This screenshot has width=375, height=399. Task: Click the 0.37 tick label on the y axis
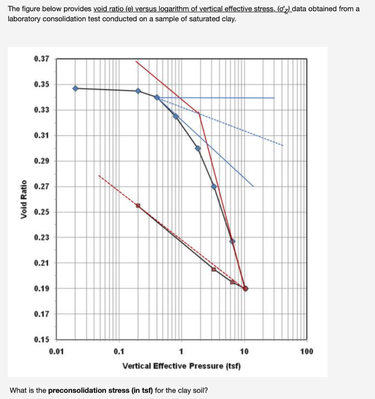click(x=42, y=59)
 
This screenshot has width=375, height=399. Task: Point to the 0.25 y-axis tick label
click(x=42, y=212)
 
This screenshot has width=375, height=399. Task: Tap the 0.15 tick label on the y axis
click(x=42, y=339)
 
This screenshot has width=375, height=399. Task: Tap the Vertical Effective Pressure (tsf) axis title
click(x=182, y=366)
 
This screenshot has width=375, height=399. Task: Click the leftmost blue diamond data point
click(x=76, y=88)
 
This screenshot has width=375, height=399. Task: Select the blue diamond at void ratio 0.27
click(x=214, y=187)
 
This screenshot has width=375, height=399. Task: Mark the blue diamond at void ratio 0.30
click(x=198, y=148)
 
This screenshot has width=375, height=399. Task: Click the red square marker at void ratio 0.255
click(x=138, y=205)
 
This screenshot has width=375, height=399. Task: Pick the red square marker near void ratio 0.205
click(x=214, y=269)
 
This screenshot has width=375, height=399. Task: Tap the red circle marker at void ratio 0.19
click(x=245, y=289)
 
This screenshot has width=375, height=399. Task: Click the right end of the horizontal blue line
click(x=274, y=98)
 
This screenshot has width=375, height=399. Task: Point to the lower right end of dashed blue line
click(x=283, y=145)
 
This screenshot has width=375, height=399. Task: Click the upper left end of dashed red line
click(x=99, y=175)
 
